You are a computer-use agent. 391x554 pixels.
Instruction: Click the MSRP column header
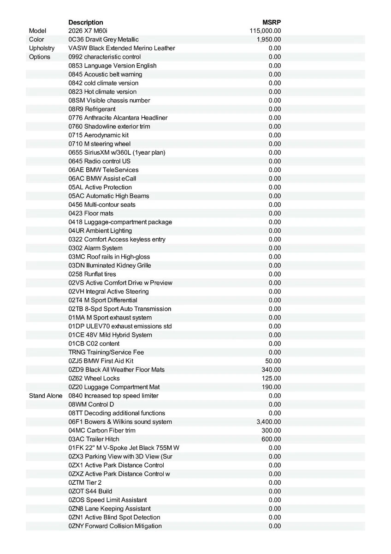(272, 22)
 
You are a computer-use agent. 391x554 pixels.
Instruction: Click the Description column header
(86, 22)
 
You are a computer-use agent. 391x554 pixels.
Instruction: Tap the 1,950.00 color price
(269, 40)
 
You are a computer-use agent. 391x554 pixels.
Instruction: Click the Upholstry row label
(41, 48)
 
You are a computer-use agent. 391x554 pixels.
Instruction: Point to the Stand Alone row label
(46, 396)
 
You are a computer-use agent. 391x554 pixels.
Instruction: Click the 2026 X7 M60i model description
(88, 31)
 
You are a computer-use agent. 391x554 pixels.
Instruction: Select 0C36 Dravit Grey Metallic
(103, 40)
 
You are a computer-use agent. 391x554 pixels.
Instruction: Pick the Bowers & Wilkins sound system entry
(120, 422)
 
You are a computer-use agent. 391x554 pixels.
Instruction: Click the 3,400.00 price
(269, 422)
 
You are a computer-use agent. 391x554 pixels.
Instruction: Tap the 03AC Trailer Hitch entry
(94, 439)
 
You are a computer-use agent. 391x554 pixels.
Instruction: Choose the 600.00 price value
(272, 439)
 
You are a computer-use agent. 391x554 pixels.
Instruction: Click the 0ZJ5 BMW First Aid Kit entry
(101, 361)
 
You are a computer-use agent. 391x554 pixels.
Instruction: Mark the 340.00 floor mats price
(272, 370)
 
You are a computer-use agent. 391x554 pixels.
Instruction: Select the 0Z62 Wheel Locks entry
(94, 379)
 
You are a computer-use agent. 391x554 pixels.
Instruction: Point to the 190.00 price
(272, 387)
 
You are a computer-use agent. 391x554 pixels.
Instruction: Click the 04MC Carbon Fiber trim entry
(102, 431)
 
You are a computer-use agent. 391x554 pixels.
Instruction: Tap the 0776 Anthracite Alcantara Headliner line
(118, 118)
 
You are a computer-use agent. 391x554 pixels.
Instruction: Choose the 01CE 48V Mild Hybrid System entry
(110, 335)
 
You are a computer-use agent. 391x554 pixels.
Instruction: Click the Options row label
(40, 57)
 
